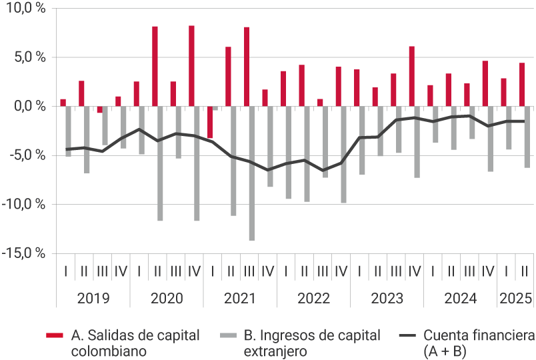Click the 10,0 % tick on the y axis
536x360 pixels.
click(24, 8)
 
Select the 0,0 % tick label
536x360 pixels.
click(27, 106)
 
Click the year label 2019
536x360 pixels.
click(93, 298)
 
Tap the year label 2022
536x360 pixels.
click(313, 298)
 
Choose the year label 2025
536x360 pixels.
click(515, 298)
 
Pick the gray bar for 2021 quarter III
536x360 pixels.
click(252, 173)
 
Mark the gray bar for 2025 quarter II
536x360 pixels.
click(527, 137)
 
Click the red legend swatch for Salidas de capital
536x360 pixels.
click(55, 335)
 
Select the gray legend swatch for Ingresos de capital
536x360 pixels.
click(227, 335)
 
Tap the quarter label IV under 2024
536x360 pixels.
click(487, 271)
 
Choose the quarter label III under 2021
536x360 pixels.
click(249, 271)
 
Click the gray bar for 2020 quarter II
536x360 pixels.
click(160, 163)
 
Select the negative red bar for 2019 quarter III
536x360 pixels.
click(100, 109)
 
